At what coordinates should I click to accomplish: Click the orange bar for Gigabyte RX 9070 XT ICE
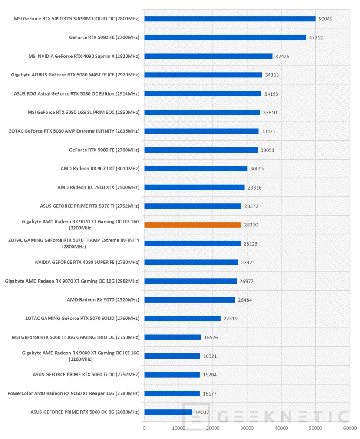pos(192,225)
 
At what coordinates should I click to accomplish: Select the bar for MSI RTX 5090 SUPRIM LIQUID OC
pos(230,19)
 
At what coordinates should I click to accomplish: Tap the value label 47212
pos(316,38)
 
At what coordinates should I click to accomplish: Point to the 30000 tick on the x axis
pos(247,428)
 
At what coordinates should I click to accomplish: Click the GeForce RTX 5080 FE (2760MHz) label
pos(104,150)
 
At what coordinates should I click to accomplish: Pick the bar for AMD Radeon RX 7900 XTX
pos(194,187)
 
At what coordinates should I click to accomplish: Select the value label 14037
pos(202,412)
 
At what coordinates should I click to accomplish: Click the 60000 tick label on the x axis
pos(350,428)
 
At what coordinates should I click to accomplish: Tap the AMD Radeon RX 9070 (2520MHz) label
pos(103,300)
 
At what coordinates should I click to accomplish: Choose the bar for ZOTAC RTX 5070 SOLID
pos(182,318)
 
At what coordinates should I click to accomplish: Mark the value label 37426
pos(282,57)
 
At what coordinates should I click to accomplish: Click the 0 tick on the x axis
pos(144,428)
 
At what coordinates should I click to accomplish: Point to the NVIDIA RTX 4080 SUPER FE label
pos(87,262)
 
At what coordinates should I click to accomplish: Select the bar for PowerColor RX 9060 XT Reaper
pos(172,393)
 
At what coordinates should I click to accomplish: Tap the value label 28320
pos(251,225)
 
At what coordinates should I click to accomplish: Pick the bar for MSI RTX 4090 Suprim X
pos(208,56)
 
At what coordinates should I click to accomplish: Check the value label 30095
pos(257,169)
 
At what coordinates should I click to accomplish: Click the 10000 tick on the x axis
pos(178,428)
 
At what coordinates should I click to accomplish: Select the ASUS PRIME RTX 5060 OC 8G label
pos(85,412)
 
